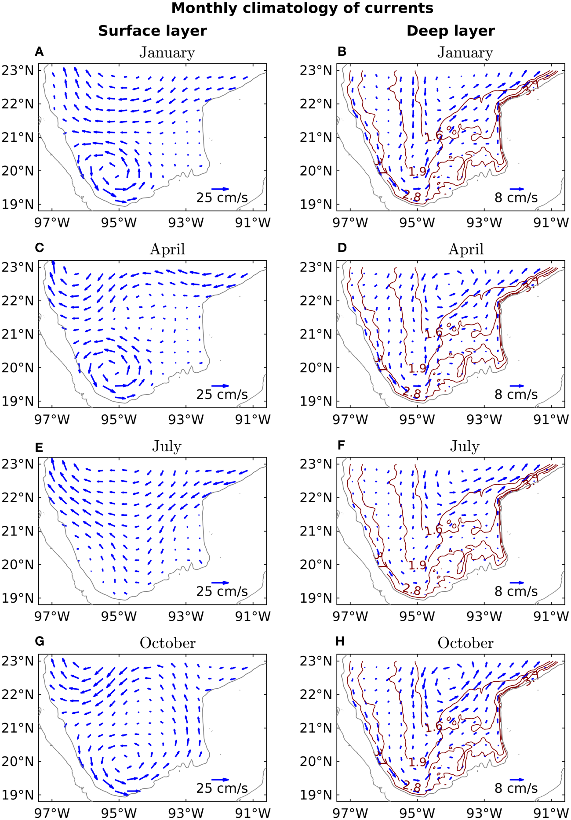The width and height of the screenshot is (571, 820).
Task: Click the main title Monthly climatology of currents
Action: [x=302, y=8]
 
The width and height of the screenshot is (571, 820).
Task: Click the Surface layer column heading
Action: [x=152, y=31]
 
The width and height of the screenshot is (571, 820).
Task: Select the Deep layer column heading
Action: [x=451, y=31]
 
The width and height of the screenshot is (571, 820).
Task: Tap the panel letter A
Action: [x=39, y=52]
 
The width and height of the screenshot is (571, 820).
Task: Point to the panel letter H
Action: [x=340, y=641]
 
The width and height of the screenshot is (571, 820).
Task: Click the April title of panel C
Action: [x=167, y=249]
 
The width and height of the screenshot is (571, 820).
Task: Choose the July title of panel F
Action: [x=465, y=446]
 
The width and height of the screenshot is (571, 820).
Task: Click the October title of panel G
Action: [x=167, y=643]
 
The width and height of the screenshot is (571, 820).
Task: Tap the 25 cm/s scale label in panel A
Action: [x=222, y=198]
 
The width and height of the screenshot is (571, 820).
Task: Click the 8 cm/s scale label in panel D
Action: [x=516, y=395]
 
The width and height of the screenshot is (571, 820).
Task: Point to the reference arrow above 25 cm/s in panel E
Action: [x=220, y=583]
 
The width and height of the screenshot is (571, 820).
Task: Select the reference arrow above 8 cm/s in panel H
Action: [x=517, y=780]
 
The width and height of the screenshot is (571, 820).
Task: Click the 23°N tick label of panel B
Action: [x=316, y=70]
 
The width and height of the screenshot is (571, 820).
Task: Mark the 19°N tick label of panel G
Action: [x=18, y=795]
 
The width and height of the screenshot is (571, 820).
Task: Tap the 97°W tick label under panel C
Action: [x=52, y=420]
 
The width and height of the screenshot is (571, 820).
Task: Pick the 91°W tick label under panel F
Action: [x=551, y=616]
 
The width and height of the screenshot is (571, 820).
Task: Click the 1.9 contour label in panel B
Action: [x=417, y=172]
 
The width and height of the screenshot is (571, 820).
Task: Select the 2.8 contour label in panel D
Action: [x=411, y=393]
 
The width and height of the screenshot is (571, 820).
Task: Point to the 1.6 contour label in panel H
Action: [x=433, y=727]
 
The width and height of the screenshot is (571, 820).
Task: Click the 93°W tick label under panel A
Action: [x=186, y=223]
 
